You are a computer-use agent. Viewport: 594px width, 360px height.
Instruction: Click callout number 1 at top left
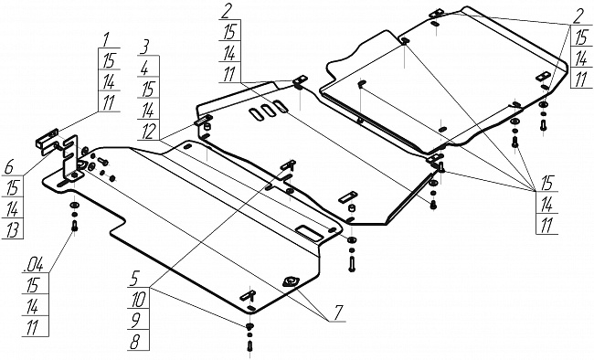click(x=106, y=40)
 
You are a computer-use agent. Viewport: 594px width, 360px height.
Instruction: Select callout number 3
click(x=144, y=47)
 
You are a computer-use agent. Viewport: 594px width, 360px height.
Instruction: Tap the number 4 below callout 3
click(x=144, y=69)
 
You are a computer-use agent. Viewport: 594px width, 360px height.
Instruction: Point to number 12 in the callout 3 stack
click(x=148, y=131)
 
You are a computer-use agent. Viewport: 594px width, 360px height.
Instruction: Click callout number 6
click(x=9, y=167)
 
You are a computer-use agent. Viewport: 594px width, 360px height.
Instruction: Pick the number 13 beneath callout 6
click(x=13, y=230)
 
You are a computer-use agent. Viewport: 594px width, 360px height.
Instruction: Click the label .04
click(x=33, y=265)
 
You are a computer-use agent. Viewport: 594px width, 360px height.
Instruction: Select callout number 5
click(x=134, y=280)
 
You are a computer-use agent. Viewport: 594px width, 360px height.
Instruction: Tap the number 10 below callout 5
click(x=138, y=300)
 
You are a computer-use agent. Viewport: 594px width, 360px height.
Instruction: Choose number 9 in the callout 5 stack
click(x=135, y=321)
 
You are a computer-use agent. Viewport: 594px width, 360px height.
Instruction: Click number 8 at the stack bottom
click(x=134, y=343)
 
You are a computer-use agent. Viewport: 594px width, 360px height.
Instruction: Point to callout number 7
click(x=337, y=312)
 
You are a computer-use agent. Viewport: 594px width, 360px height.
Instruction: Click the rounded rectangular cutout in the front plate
click(x=311, y=233)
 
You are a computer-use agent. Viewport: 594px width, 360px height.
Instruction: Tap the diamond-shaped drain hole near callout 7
click(x=291, y=281)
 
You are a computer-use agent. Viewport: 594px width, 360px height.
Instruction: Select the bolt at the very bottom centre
click(x=249, y=345)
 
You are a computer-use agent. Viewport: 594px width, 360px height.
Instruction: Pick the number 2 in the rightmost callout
click(x=578, y=17)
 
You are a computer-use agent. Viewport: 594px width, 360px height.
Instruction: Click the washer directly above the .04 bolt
click(x=74, y=206)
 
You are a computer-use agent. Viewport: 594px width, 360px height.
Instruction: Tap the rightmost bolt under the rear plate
click(x=543, y=124)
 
